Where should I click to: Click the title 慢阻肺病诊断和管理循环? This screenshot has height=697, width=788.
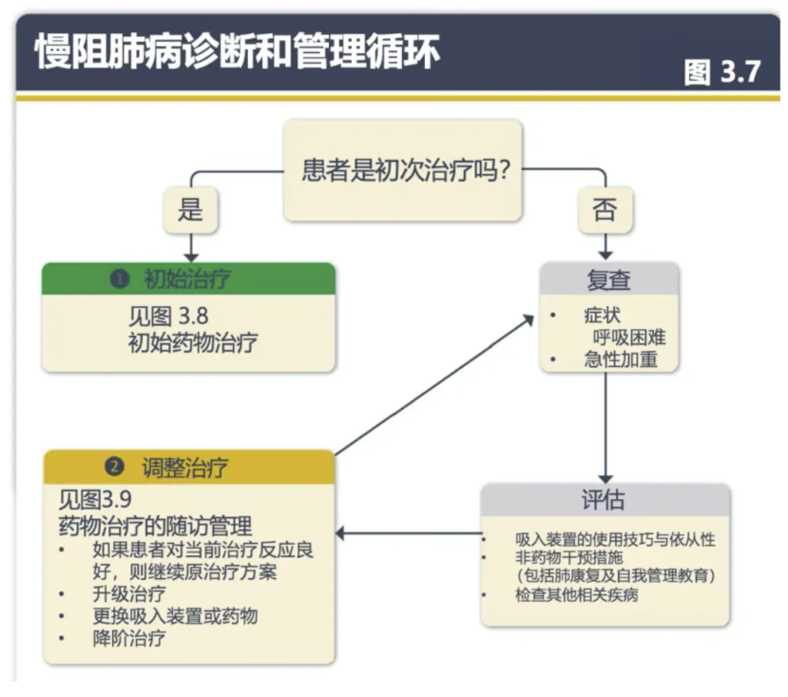coord(238,52)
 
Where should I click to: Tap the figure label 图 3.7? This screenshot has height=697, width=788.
coord(723,71)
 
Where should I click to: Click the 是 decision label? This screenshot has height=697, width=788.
coord(190,209)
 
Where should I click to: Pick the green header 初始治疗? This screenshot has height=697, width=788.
coord(188,279)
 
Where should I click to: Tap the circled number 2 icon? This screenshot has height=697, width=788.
coord(115,467)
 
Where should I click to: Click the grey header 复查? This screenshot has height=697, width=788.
coord(608,280)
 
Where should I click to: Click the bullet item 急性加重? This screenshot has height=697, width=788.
coord(620,359)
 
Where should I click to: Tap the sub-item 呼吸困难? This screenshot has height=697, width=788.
coord(626,337)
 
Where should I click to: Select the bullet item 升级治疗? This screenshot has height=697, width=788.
coord(129,595)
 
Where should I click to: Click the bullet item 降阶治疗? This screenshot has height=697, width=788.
coord(129,638)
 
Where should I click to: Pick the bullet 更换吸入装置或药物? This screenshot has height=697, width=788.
coord(175,616)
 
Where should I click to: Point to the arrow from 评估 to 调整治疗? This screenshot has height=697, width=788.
coord(409,532)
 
